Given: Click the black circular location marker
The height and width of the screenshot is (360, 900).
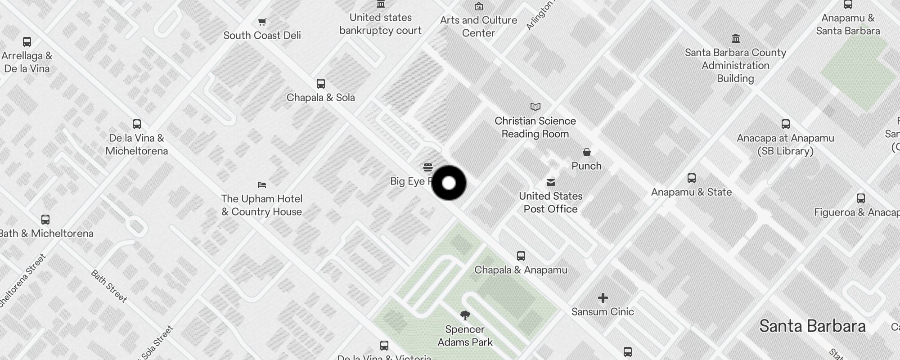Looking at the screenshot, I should pos(449,183).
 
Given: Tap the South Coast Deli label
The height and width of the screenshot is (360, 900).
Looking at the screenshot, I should pos(262,36).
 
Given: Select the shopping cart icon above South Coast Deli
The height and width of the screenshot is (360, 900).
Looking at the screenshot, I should pos(262,22).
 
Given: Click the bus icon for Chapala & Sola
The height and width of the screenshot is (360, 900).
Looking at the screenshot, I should pos(320,84).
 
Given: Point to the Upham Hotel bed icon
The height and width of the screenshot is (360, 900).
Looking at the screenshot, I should pos(262,184).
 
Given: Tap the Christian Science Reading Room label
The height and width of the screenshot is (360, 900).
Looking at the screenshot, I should pos(535,127).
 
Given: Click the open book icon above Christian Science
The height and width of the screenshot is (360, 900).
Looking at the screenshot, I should pos(535,107).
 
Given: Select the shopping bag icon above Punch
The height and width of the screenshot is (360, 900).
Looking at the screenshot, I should pos(586,152).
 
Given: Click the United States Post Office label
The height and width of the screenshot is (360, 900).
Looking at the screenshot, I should pos(550,202).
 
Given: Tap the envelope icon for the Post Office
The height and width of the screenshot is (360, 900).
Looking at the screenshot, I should pos(550,182).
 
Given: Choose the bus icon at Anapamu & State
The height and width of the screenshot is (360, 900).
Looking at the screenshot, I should pos(692,178).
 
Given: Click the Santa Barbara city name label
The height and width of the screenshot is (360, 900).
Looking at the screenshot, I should pos(812,326).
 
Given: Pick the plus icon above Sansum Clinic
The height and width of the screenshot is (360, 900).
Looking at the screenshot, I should pos(603,298).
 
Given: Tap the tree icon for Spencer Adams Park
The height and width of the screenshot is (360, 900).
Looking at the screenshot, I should pos(465,315).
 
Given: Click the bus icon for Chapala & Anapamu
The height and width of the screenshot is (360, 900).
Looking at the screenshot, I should pos(521,256).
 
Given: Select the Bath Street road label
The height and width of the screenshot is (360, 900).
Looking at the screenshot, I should pos(109,286).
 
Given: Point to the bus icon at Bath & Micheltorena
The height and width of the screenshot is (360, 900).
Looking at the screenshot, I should pos(45,220).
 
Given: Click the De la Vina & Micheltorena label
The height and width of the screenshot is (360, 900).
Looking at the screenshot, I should pos(137,144).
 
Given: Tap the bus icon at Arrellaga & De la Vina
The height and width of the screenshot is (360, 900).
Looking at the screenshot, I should pos(27,42).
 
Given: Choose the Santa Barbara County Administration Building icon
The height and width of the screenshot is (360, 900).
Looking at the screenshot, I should pos(735,38).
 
